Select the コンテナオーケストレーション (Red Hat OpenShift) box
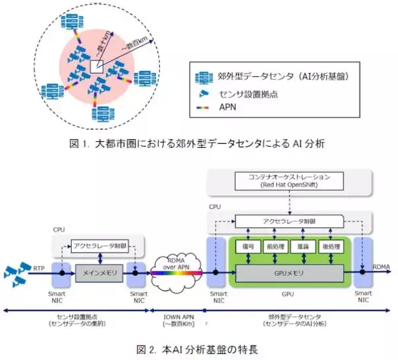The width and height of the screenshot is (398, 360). pyautogui.click(x=286, y=181)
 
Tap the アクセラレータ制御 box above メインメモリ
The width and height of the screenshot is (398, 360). pyautogui.click(x=100, y=243)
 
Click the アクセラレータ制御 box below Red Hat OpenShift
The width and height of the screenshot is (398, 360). pyautogui.click(x=286, y=221)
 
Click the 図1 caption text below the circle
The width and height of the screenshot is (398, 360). pyautogui.click(x=199, y=142)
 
